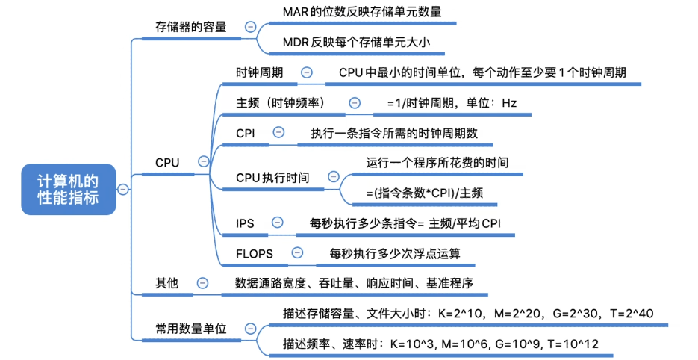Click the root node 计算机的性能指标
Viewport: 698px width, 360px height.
pos(68,189)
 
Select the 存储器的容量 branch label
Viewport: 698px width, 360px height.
pos(190,27)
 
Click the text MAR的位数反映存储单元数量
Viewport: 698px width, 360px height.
pos(362,12)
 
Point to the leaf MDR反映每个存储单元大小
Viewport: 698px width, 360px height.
pos(356,43)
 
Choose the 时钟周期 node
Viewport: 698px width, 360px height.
pos(259,72)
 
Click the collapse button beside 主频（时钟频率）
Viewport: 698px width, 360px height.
pos(355,103)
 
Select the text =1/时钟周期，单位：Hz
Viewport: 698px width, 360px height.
pos(451,103)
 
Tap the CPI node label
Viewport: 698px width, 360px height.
pos(246,132)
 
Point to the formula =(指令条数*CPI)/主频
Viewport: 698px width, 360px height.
pos(424,193)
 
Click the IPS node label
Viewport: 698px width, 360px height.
pos(246,223)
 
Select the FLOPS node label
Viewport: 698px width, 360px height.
pos(254,253)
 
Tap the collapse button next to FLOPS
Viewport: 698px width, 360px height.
pos(298,253)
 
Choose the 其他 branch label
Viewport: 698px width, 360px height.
pos(166,283)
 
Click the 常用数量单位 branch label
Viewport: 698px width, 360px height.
pos(190,329)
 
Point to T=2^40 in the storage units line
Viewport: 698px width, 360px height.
pos(631,313)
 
